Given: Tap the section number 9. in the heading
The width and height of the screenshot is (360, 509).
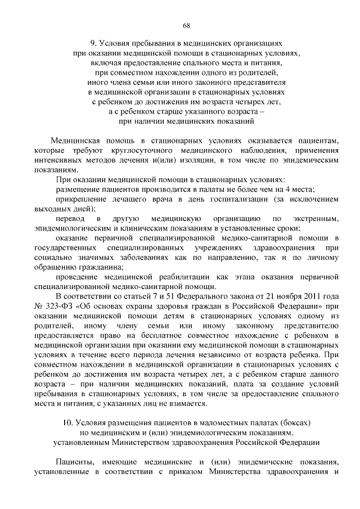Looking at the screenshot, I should point(94,42).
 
